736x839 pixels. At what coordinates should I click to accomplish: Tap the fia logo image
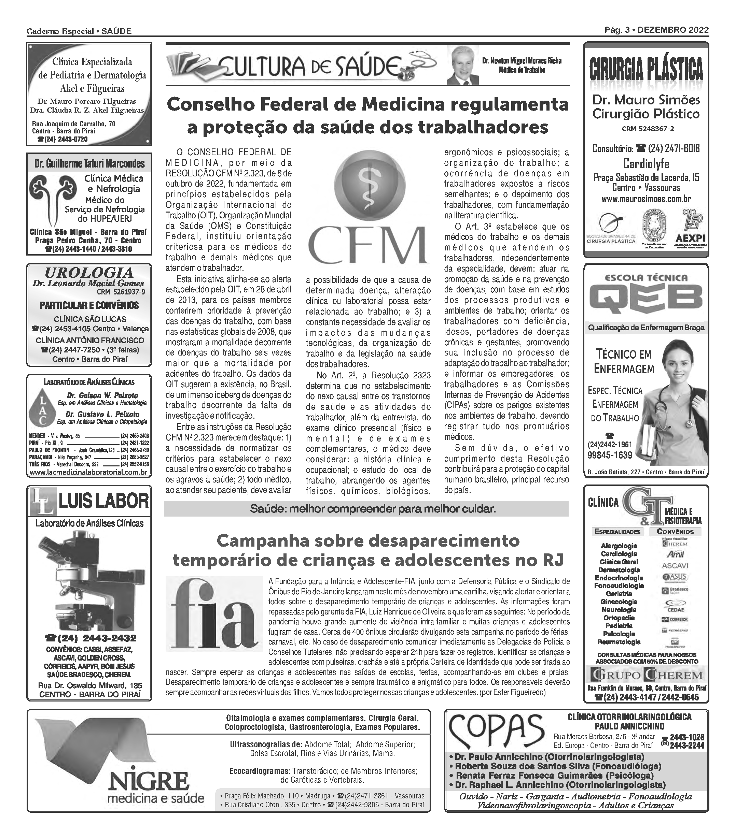(214, 614)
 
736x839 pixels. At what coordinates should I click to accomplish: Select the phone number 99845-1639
(610, 455)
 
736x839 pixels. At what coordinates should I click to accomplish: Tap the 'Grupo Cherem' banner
(646, 675)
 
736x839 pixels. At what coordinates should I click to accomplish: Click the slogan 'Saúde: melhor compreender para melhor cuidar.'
(373, 509)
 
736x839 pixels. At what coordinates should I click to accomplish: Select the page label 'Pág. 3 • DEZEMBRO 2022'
(656, 30)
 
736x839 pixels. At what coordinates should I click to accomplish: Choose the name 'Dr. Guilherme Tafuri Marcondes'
(89, 164)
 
